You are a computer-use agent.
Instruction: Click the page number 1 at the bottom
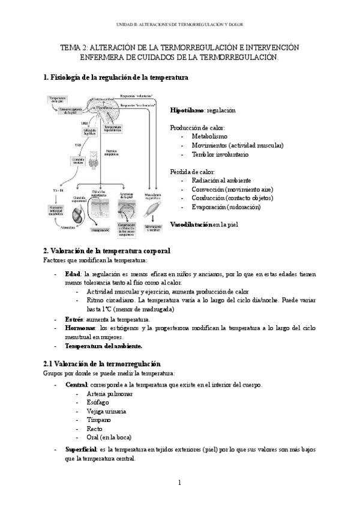coord(180,483)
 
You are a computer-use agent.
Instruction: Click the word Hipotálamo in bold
coord(187,111)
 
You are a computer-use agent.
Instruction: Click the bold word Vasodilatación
coord(191,224)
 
